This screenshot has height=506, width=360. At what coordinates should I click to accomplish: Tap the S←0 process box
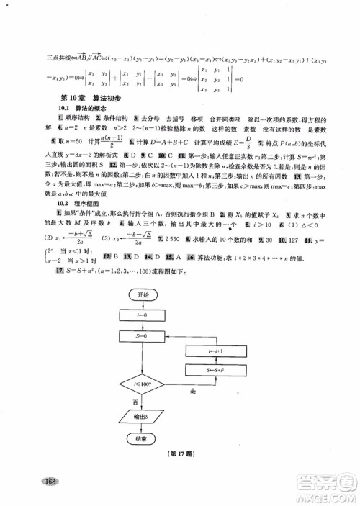pyautogui.click(x=143, y=335)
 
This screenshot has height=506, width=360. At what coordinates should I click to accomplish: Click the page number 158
pyautogui.click(x=49, y=482)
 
